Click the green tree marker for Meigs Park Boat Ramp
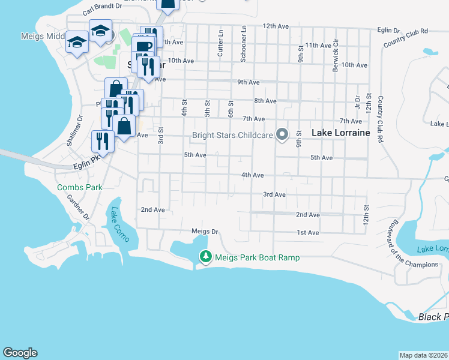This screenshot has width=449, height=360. tap(206, 257)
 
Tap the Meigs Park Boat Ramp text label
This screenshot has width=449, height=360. tap(257, 257)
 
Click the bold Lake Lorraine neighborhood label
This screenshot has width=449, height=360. tap(340, 133)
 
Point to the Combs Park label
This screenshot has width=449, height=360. tap(80, 187)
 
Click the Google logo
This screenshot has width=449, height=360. tap(20, 353)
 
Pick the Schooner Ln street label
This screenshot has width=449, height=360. tap(243, 44)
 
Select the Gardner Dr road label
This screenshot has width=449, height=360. tap(77, 207)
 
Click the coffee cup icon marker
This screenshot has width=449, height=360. tap(144, 46)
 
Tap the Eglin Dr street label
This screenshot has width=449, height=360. tap(388, 30)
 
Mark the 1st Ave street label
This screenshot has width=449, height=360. tap(307, 232)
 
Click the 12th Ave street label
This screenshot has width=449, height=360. tap(276, 26)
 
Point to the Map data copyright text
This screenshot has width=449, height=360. tap(423, 355)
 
